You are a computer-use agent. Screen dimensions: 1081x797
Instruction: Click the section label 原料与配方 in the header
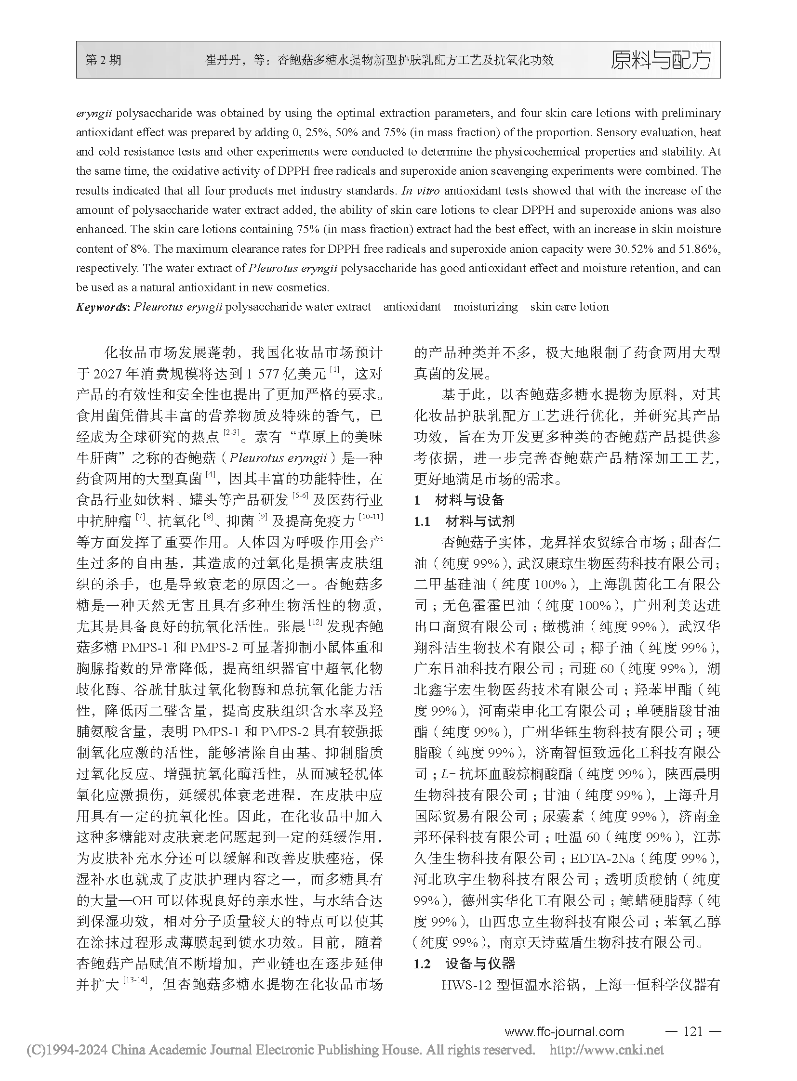point(661,60)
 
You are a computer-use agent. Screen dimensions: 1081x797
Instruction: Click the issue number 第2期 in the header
point(104,60)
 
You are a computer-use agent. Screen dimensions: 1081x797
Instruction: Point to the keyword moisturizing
point(485,307)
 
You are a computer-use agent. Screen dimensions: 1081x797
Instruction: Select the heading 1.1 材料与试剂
point(464,521)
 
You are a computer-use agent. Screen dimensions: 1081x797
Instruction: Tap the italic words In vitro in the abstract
point(420,191)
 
